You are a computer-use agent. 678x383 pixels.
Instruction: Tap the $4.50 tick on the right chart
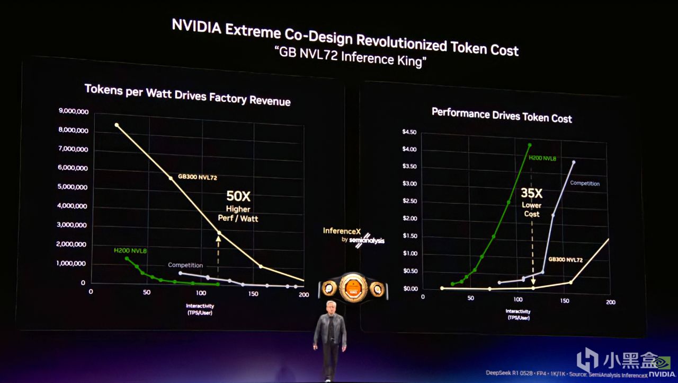click(409, 132)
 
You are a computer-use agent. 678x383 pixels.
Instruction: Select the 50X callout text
click(238, 196)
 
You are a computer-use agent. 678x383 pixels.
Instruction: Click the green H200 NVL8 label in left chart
click(130, 250)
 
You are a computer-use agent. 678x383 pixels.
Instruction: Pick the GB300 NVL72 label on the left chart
click(197, 178)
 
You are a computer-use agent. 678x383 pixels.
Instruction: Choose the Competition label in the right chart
click(584, 184)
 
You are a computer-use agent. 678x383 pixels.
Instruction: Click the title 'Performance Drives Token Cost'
click(501, 115)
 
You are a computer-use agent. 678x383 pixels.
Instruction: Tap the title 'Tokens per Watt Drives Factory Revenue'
click(188, 94)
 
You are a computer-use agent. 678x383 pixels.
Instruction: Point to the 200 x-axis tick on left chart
click(304, 294)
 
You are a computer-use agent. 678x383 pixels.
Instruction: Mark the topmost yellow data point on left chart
click(117, 125)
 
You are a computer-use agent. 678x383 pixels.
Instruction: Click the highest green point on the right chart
click(529, 145)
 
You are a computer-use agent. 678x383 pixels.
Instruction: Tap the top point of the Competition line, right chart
click(573, 162)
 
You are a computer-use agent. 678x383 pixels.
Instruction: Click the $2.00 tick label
click(409, 219)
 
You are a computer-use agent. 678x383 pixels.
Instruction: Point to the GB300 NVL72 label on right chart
click(565, 260)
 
